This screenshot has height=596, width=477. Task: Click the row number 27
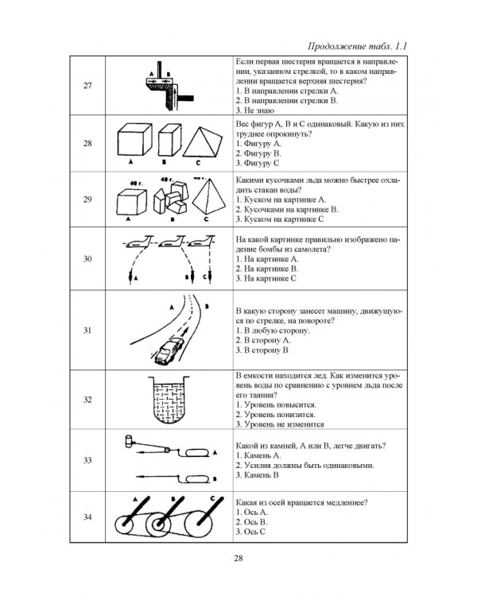(87, 86)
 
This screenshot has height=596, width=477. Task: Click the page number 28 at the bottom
(238, 558)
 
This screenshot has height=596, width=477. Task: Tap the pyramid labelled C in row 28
(202, 142)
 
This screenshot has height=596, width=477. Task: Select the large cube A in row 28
(134, 139)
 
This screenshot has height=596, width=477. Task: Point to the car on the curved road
(169, 350)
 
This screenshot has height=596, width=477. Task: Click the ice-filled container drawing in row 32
(169, 400)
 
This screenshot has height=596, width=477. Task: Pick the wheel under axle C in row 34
(199, 523)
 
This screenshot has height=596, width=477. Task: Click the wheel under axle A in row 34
(124, 525)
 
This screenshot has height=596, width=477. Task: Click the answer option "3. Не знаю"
(255, 110)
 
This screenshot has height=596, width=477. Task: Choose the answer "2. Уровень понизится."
(275, 415)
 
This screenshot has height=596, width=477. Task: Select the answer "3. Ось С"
(250, 532)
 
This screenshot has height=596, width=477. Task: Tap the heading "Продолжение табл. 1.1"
(357, 46)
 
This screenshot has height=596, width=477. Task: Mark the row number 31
(87, 331)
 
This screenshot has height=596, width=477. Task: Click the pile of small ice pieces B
(171, 199)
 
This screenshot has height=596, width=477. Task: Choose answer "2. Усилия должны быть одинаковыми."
(304, 465)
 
